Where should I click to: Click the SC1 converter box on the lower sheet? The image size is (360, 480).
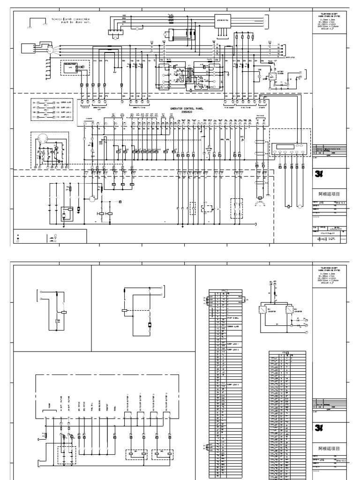pyautogui.click(x=264, y=310)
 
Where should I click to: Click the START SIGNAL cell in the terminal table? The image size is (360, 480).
pyautogui.click(x=233, y=330)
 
